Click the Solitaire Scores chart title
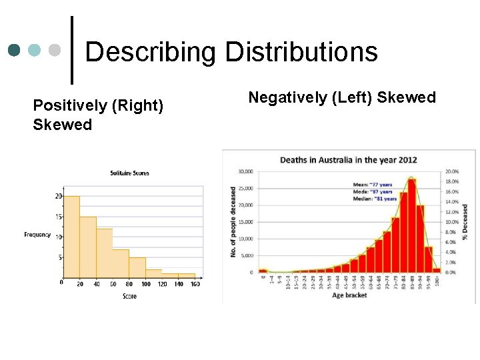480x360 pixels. pyautogui.click(x=129, y=173)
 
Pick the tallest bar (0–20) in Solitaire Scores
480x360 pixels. pyautogui.click(x=71, y=237)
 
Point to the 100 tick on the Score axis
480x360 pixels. pyautogui.click(x=146, y=285)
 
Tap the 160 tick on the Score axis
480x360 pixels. pyautogui.click(x=195, y=285)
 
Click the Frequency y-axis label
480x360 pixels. pyautogui.click(x=37, y=235)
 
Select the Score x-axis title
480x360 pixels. pyautogui.click(x=129, y=295)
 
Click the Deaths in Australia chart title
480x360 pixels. pyautogui.click(x=348, y=160)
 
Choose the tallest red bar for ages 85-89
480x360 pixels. pyautogui.click(x=411, y=225)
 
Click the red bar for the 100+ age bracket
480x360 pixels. pyautogui.click(x=437, y=270)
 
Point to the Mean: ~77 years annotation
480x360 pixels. pyautogui.click(x=372, y=184)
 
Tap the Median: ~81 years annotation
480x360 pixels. pyautogui.click(x=375, y=199)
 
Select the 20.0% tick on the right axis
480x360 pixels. pyautogui.click(x=451, y=171)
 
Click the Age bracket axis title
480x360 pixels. pyautogui.click(x=349, y=295)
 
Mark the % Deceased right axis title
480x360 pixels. pyautogui.click(x=465, y=222)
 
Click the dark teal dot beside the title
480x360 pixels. pyautogui.click(x=14, y=51)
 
